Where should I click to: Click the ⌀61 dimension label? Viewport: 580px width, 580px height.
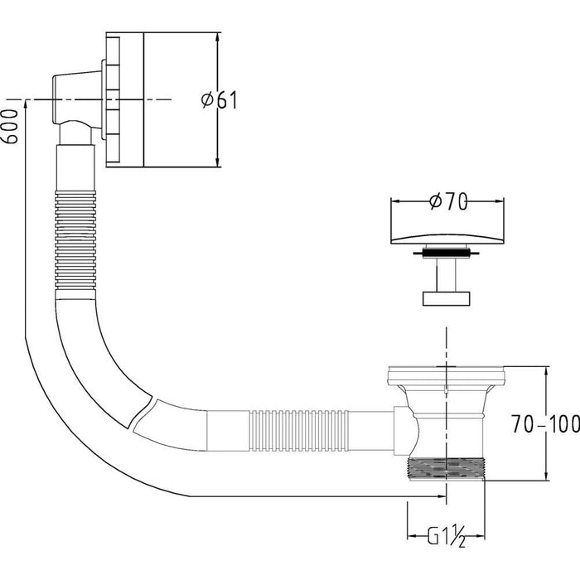(219, 100)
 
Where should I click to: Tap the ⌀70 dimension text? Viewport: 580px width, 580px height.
(448, 201)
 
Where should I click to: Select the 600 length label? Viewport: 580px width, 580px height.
(9, 126)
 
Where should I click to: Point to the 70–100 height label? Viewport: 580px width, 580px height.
(545, 424)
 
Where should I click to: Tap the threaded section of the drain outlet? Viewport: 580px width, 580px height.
(446, 469)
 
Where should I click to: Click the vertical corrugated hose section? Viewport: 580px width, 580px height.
(75, 240)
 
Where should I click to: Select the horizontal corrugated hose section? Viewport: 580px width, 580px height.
(299, 431)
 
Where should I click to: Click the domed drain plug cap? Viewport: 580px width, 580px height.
(447, 239)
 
